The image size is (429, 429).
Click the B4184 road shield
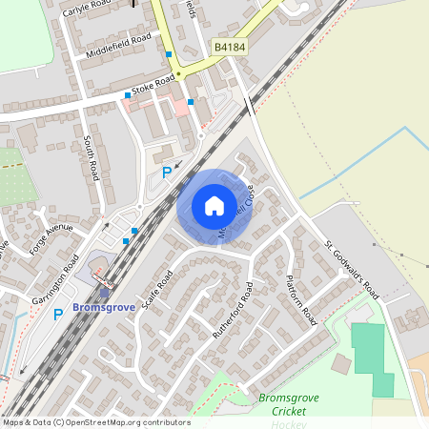point(230,47)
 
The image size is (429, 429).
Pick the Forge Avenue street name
point(51,233)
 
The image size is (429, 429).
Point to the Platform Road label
point(301,300)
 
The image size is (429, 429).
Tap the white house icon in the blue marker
point(214,206)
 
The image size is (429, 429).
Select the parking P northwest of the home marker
point(167,173)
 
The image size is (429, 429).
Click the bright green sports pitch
point(371,358)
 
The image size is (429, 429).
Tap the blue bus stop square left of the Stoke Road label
point(128,95)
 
